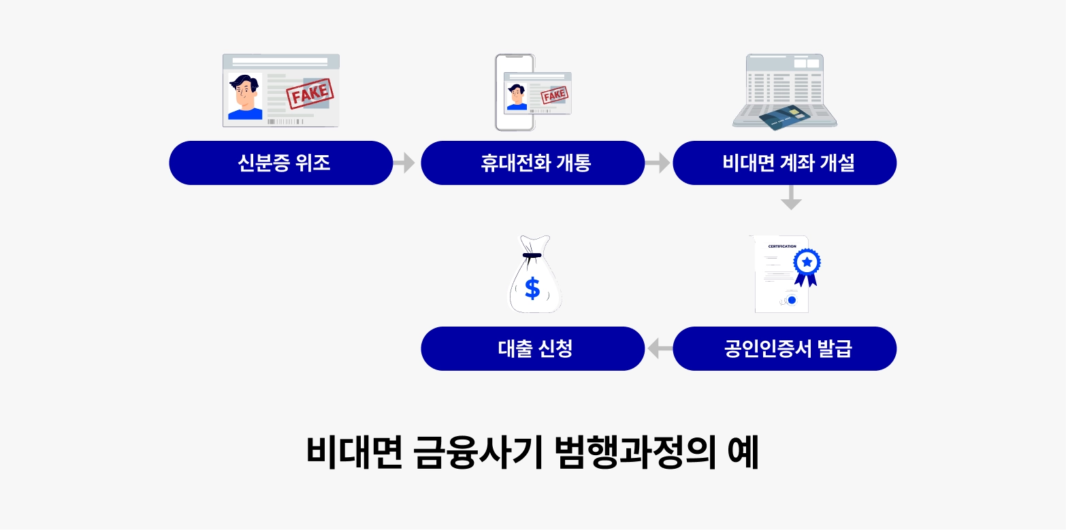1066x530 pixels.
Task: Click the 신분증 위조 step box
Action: (280, 163)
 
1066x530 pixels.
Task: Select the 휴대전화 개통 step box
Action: (533, 163)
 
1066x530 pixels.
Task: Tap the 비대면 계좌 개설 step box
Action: (785, 163)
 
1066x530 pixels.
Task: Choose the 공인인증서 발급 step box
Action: (785, 349)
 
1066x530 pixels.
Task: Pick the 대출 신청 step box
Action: (533, 349)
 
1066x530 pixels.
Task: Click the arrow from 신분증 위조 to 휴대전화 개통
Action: (404, 163)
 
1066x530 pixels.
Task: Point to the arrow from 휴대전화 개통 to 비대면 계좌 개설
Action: (658, 163)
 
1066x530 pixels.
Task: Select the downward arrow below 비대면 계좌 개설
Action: (791, 197)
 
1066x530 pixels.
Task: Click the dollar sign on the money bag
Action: (532, 288)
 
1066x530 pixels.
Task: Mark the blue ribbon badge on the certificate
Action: (807, 267)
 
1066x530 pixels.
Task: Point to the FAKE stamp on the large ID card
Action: (310, 94)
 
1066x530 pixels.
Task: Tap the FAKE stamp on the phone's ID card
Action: (554, 95)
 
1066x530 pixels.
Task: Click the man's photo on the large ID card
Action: (245, 97)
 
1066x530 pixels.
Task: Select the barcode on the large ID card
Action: (285, 122)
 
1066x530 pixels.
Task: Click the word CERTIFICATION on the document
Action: (782, 246)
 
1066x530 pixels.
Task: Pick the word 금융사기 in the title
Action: (479, 452)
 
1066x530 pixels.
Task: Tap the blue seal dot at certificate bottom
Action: (792, 300)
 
